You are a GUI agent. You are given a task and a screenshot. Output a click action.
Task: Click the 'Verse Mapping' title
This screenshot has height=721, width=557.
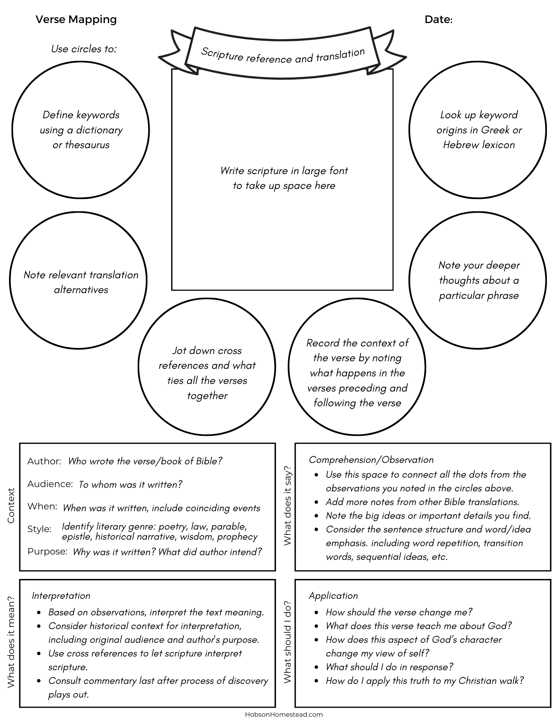click(x=76, y=19)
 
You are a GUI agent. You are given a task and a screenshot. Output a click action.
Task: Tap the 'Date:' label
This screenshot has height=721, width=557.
click(x=438, y=19)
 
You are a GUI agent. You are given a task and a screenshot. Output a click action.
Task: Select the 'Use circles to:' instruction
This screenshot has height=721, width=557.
click(x=84, y=49)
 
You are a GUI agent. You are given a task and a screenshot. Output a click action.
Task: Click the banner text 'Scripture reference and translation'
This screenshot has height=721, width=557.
click(x=283, y=56)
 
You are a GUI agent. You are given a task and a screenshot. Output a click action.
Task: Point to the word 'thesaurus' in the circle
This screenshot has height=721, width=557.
click(x=87, y=145)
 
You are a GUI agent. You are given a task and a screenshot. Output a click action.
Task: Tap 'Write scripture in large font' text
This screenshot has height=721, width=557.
click(x=284, y=171)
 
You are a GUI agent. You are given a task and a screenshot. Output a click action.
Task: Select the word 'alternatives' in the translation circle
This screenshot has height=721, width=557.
click(x=81, y=289)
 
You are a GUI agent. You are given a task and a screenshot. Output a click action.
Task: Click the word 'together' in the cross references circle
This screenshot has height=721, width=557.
click(x=207, y=395)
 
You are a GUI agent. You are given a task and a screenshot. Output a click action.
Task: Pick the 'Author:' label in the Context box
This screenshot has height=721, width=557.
click(x=44, y=461)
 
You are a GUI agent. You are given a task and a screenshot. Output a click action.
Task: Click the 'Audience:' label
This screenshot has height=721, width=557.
click(x=50, y=484)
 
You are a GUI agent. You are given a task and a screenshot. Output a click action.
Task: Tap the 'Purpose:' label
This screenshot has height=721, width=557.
click(x=47, y=551)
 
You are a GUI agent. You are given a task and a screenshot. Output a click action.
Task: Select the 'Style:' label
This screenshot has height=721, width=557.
click(x=39, y=529)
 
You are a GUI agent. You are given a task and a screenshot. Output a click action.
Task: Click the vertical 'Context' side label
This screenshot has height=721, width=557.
click(x=11, y=505)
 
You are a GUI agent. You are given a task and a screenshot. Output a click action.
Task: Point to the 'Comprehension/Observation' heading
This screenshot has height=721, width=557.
click(x=371, y=460)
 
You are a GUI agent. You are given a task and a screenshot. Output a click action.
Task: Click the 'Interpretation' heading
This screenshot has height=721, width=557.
click(x=61, y=596)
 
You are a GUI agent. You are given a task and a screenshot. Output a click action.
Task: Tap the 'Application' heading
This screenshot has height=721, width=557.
click(x=333, y=596)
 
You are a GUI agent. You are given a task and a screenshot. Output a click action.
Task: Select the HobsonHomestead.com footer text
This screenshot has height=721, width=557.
click(x=284, y=714)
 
